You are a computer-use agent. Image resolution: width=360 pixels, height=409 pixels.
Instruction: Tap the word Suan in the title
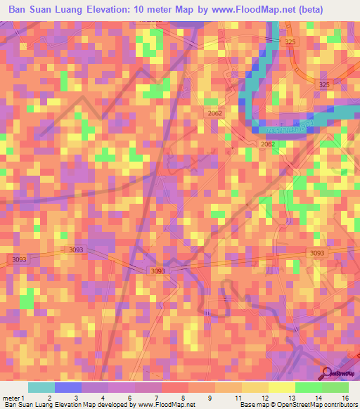point(49,11)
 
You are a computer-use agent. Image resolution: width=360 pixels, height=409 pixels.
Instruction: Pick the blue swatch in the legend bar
point(68,387)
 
